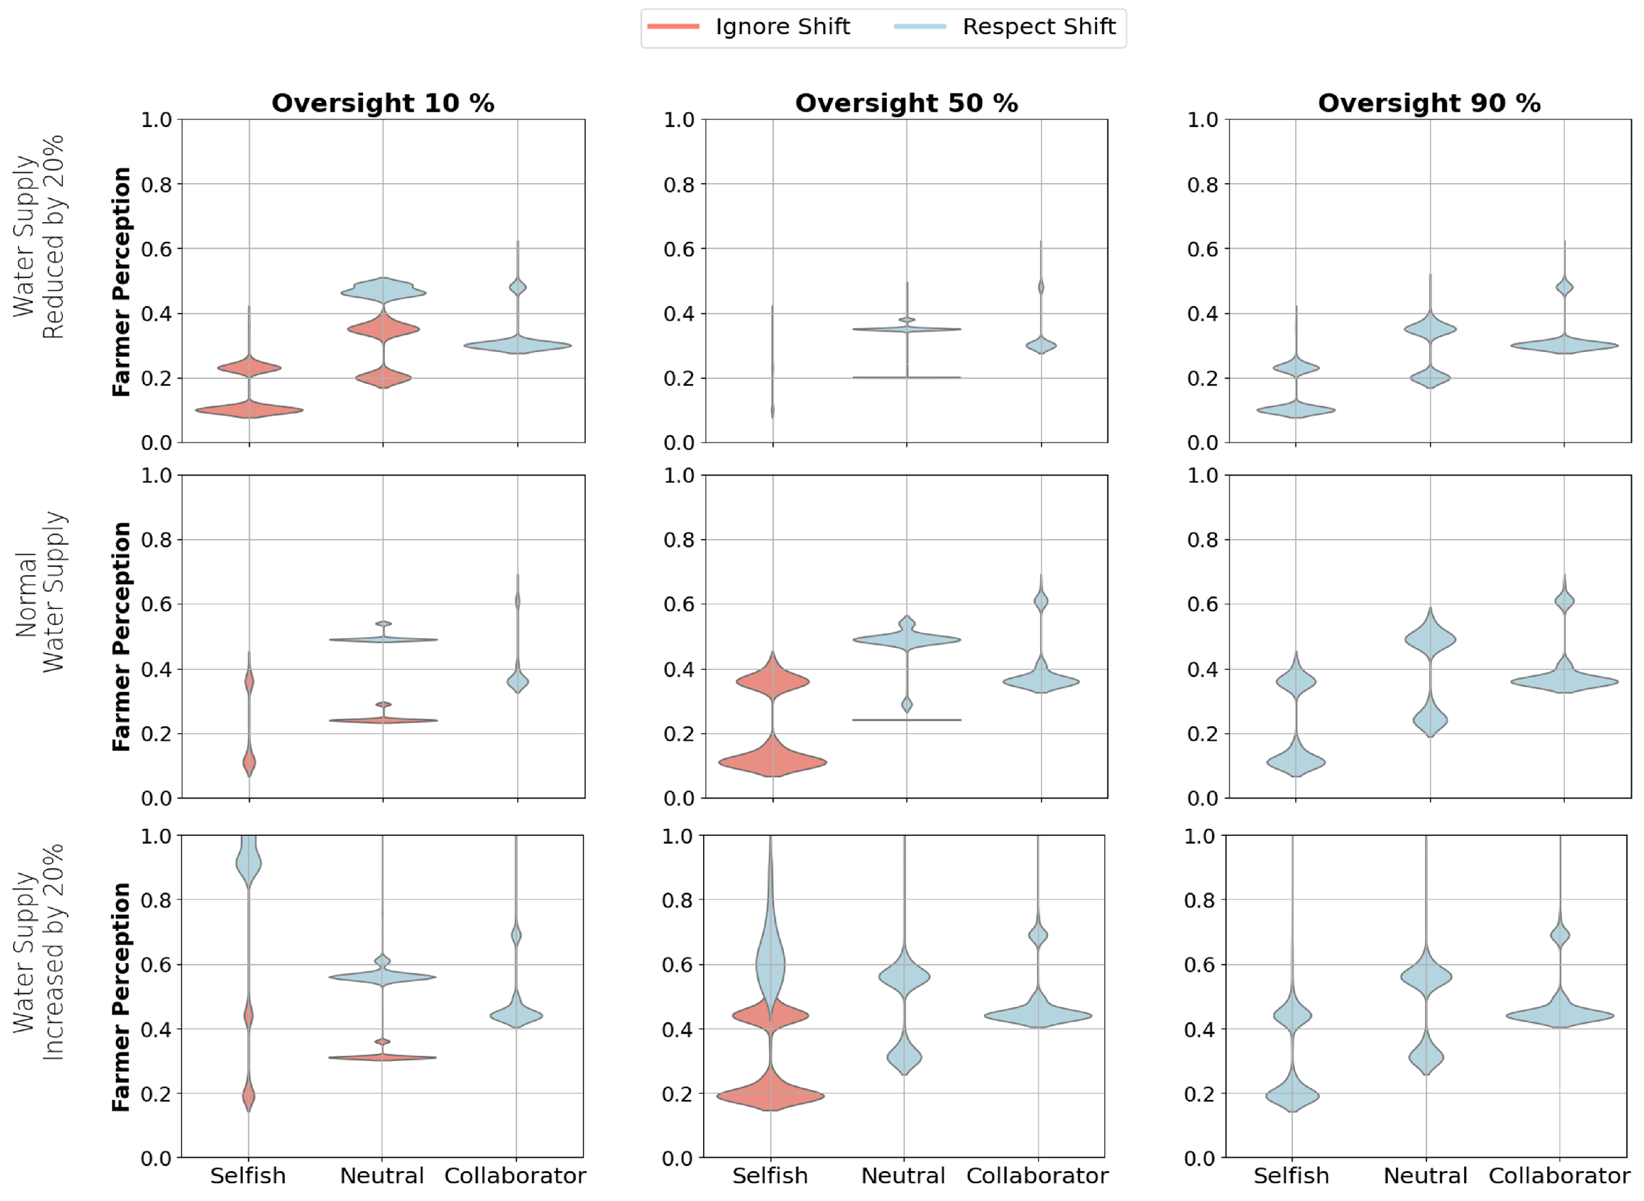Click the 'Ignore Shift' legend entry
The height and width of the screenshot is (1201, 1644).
pos(782,27)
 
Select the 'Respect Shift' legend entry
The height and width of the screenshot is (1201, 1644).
pos(1038,27)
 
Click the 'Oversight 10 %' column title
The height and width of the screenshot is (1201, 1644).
pos(382,103)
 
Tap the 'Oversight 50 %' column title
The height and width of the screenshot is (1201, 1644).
pos(906,103)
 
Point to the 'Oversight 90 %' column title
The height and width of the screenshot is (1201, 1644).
pos(1429,103)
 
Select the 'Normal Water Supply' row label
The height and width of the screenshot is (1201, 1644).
pos(40,591)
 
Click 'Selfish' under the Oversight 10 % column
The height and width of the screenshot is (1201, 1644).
pos(248,1175)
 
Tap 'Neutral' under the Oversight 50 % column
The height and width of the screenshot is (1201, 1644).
pos(903,1175)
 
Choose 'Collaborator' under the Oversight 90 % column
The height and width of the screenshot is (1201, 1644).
pos(1559,1175)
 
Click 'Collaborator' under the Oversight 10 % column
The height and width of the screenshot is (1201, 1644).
pos(515,1175)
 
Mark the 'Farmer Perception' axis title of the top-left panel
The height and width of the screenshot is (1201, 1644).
pos(122,281)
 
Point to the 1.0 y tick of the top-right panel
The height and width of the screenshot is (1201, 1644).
pos(1203,120)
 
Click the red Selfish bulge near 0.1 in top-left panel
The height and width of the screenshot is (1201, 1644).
pos(249,410)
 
